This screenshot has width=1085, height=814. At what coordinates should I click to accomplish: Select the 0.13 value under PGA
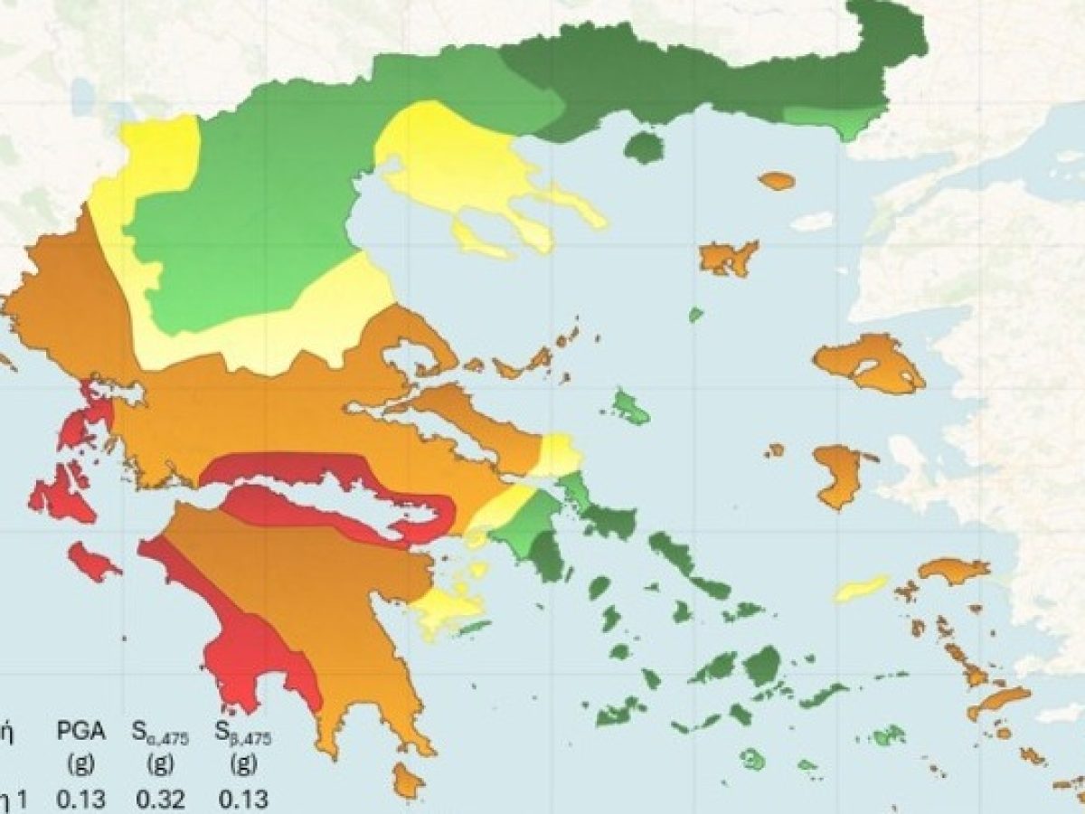(x=81, y=799)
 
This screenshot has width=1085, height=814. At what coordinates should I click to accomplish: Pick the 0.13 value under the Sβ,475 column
(x=242, y=799)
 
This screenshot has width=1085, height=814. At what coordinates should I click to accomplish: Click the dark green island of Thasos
(x=644, y=147)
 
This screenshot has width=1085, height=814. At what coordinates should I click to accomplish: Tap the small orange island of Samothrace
(x=777, y=181)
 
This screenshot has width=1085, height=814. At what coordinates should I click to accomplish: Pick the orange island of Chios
(x=841, y=475)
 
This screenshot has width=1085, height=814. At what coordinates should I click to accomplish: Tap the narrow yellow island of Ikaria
(x=861, y=588)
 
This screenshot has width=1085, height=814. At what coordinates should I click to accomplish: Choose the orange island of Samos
(x=954, y=571)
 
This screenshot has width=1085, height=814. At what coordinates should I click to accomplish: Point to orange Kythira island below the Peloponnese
(x=408, y=781)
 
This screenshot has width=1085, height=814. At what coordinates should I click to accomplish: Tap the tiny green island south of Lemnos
(x=695, y=315)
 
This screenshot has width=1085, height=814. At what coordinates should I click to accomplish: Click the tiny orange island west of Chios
(x=775, y=450)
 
